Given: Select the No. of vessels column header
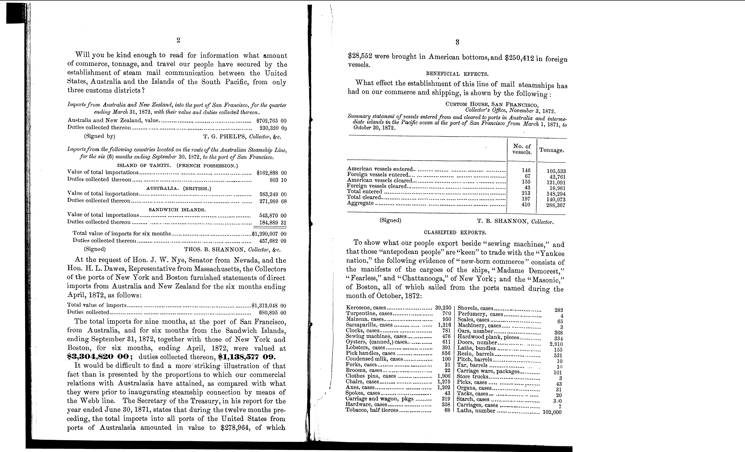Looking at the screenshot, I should [522, 149].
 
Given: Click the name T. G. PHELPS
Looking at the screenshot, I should [225, 136].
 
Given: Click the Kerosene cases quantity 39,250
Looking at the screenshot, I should [443, 308].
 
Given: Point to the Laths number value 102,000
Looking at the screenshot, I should [552, 412].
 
